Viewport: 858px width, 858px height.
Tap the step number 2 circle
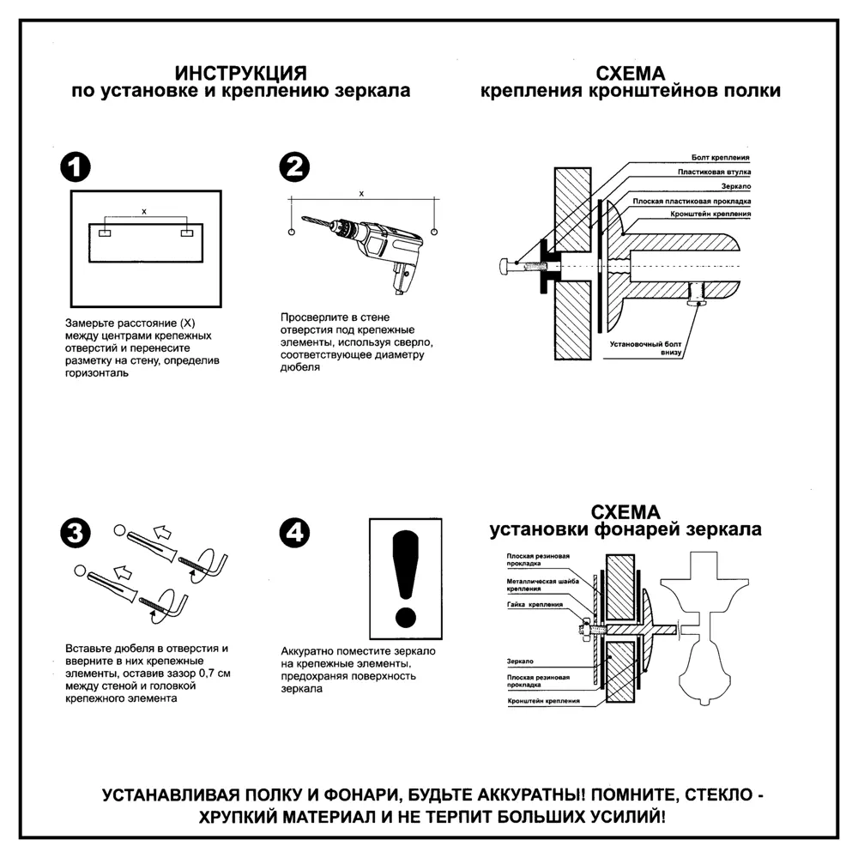(295, 168)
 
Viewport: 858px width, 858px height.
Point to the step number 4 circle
(295, 533)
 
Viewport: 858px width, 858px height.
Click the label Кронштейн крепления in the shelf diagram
(712, 213)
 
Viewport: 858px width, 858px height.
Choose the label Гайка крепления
(535, 605)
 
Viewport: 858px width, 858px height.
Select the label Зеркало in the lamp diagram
(520, 662)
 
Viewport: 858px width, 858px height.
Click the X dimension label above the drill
(361, 194)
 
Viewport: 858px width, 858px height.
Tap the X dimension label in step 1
(143, 210)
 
